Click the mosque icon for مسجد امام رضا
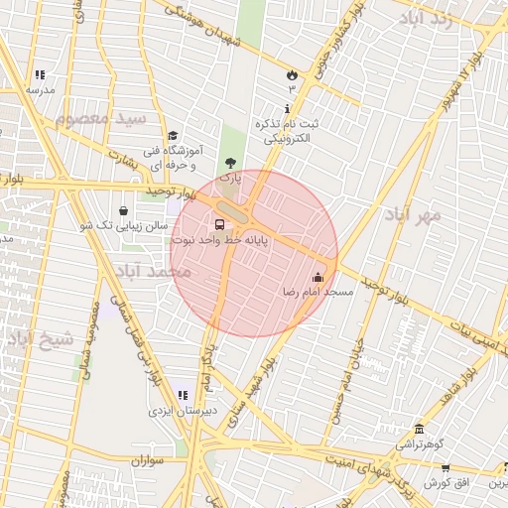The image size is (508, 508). coord(317,278)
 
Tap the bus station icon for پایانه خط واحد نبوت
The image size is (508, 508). coord(219,224)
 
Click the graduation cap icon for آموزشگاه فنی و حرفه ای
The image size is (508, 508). coord(173,136)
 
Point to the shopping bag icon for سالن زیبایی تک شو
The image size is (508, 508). coord(123,210)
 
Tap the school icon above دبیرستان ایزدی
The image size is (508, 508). coord(182,395)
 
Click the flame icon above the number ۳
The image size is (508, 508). coord(292,74)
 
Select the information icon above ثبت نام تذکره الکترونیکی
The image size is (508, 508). coord(289,108)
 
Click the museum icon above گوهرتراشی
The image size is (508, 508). coord(420,430)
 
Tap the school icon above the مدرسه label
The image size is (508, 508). coord(40,74)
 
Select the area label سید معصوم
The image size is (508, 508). coord(100,118)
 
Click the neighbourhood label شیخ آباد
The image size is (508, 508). coord(40,338)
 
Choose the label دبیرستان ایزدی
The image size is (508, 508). coord(180,410)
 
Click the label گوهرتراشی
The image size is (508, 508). coord(422,444)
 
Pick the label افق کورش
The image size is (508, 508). coord(447,483)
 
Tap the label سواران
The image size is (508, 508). coord(145,461)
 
